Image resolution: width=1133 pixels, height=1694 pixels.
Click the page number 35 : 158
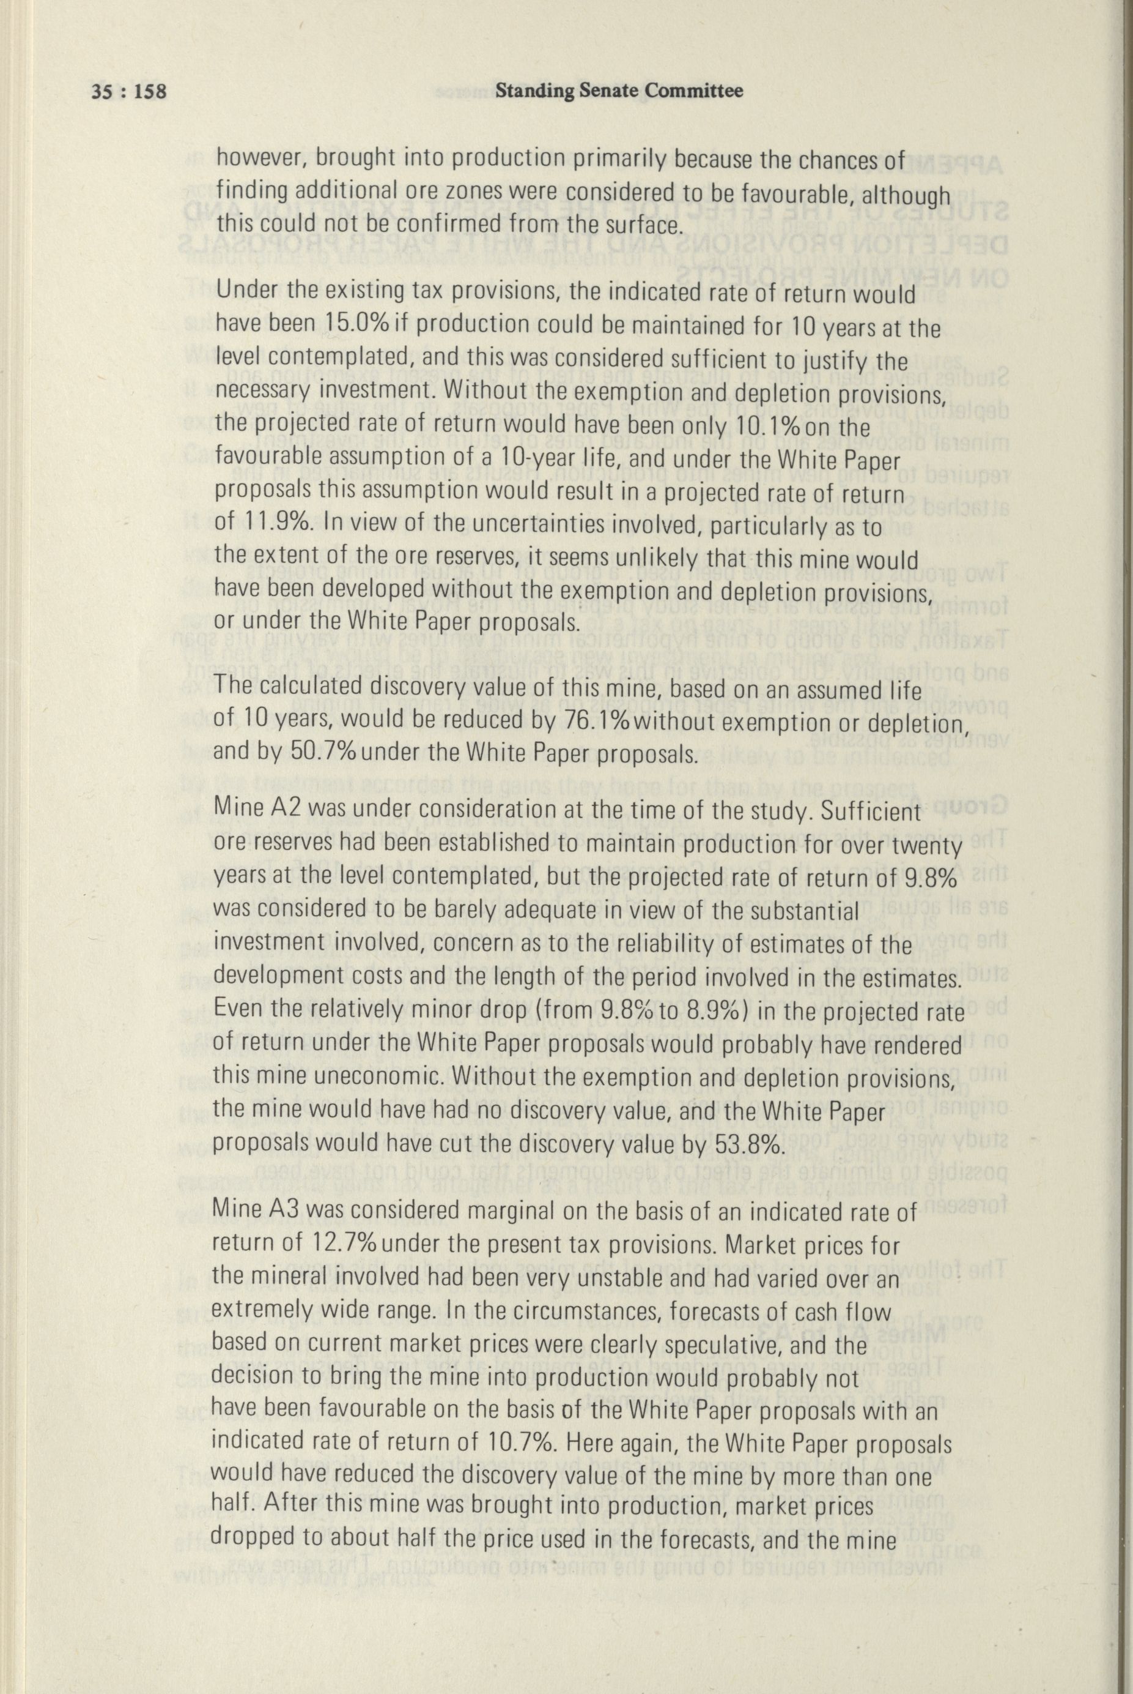pos(128,92)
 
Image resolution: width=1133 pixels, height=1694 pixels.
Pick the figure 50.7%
pos(325,753)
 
